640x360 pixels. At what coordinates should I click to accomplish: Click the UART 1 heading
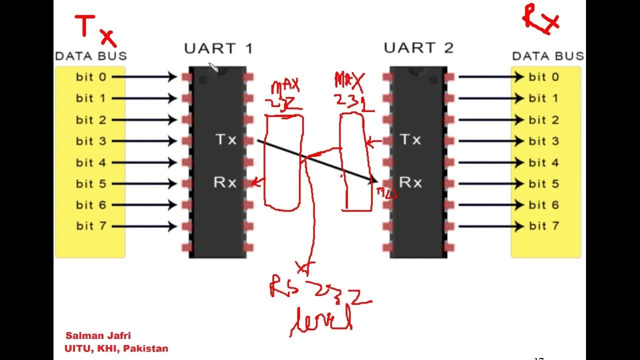[x=218, y=48]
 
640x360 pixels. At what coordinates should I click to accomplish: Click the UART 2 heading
[x=418, y=48]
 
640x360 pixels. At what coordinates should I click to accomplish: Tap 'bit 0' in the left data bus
[x=91, y=77]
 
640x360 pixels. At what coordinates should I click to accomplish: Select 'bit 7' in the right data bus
[x=543, y=226]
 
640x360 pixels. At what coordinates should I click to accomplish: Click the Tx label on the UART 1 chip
[x=226, y=139]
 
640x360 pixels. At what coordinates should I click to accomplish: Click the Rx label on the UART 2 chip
[x=410, y=183]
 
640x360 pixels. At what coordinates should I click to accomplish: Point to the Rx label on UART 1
[x=225, y=183]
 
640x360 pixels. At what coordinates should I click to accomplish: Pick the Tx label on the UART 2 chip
[x=410, y=139]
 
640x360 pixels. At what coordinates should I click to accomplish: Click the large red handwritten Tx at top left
[x=95, y=30]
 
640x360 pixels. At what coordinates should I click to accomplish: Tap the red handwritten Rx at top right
[x=541, y=19]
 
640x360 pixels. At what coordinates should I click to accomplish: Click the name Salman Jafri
[x=98, y=335]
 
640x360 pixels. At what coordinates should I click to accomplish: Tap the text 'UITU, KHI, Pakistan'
[x=116, y=348]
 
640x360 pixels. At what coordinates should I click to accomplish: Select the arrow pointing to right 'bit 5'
[x=490, y=183]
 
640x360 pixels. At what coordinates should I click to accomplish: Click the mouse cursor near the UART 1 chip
[x=213, y=67]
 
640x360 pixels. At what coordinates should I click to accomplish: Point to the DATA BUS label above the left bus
[x=91, y=56]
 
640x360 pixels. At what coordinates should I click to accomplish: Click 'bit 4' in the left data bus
[x=91, y=162]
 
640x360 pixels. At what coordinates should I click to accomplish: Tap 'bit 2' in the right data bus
[x=543, y=120]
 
